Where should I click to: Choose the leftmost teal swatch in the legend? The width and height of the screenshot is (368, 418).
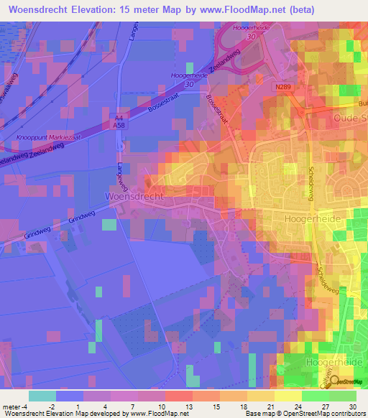(x=42, y=396)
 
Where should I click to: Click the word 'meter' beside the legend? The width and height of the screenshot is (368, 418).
(x=10, y=406)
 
